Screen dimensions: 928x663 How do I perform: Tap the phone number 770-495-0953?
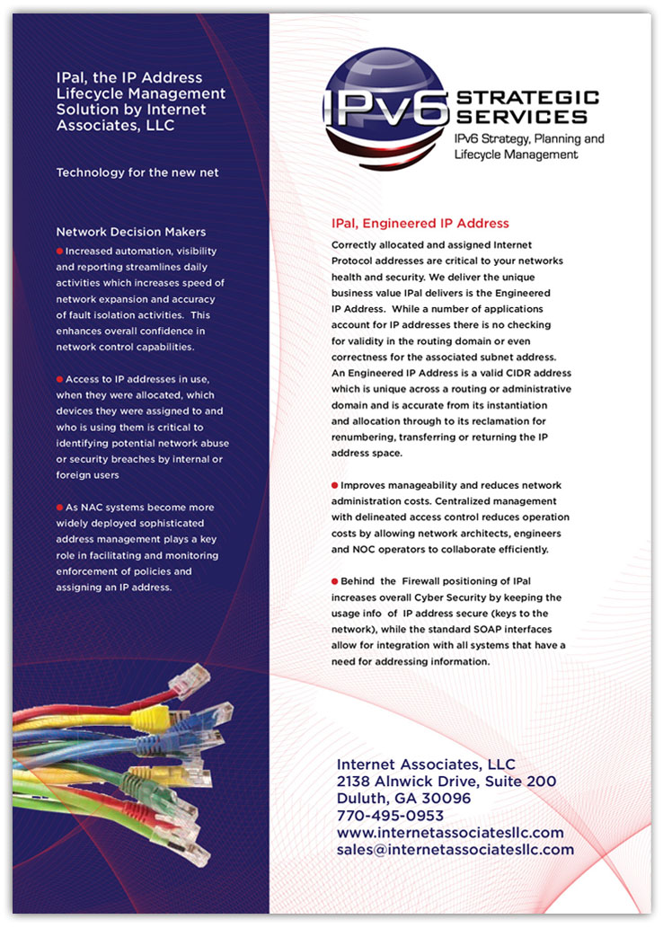[390, 816]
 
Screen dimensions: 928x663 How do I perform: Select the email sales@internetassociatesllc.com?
[455, 849]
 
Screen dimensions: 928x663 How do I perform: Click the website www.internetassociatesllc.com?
[450, 833]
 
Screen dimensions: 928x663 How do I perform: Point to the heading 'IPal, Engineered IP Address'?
[420, 223]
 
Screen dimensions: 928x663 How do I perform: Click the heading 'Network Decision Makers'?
[130, 232]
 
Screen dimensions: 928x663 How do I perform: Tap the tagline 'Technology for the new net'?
[137, 172]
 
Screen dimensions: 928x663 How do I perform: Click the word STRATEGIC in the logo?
[527, 97]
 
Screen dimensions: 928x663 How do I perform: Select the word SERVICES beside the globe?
[521, 117]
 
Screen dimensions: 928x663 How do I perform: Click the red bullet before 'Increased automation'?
[60, 251]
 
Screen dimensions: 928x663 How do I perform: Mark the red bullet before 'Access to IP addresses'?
[60, 379]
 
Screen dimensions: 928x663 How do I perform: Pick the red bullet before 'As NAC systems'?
[60, 508]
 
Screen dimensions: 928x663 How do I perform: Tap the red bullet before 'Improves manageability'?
[335, 485]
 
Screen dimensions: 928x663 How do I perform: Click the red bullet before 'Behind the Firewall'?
[335, 581]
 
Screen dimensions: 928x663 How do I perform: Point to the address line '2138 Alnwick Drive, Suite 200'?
[446, 782]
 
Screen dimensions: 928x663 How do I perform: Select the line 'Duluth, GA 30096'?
[403, 799]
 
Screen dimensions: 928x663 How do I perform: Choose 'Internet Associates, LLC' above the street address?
[426, 764]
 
